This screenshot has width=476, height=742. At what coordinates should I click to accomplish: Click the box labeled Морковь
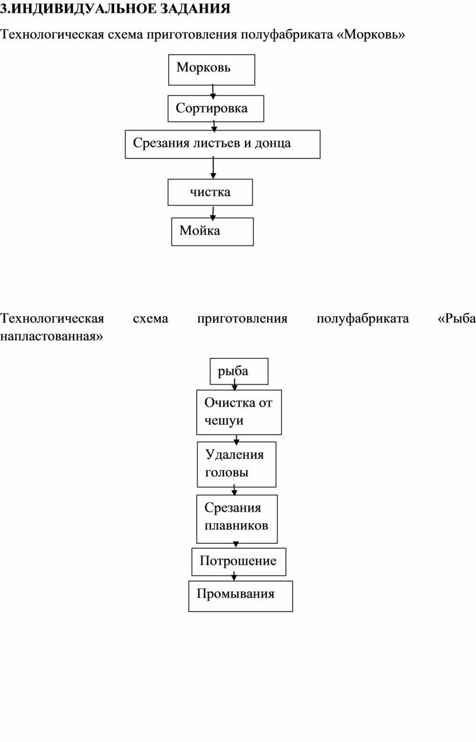point(212,70)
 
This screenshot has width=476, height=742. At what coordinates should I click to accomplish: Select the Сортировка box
point(216,108)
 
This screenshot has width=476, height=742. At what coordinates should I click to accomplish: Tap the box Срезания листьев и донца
point(223,144)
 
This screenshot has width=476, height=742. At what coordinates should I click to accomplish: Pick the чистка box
point(210,192)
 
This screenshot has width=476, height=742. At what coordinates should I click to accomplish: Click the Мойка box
point(212,232)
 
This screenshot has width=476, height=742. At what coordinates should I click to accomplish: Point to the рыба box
point(239,372)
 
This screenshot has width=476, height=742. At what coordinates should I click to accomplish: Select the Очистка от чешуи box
point(239,412)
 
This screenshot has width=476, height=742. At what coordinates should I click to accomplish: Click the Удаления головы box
point(236,464)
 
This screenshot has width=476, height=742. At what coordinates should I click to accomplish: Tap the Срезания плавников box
point(237,519)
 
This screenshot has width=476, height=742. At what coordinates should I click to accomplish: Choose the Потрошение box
point(239,562)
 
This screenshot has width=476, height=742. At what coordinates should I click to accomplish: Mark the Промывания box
point(240,596)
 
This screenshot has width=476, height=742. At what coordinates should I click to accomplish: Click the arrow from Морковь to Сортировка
point(213,92)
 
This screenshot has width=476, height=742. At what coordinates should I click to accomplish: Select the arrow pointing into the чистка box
point(213,168)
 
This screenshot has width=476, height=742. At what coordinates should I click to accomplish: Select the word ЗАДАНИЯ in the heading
point(195,9)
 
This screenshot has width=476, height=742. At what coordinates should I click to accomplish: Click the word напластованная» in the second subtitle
point(51,337)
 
